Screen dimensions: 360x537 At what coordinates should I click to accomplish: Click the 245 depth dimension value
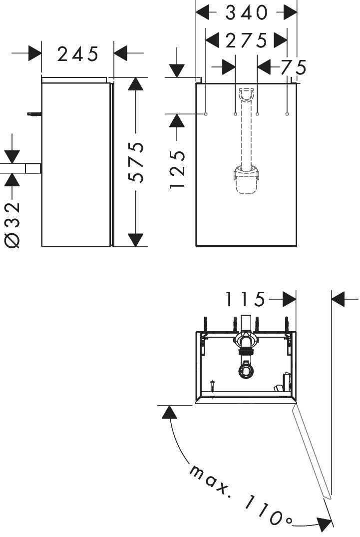point(78,54)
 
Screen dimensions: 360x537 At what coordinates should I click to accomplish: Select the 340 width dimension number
point(246,12)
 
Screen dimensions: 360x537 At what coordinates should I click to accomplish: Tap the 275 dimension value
point(246,41)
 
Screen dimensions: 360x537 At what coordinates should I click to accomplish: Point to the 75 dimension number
point(294,67)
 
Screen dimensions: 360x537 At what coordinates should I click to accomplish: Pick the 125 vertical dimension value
point(177,169)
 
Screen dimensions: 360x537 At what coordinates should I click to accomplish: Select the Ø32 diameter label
point(12,224)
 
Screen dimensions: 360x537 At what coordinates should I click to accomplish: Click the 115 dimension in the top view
point(245,299)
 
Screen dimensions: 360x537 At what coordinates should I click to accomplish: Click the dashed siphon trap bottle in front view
point(246,180)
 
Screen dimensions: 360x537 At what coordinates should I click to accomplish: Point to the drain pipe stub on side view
point(33,168)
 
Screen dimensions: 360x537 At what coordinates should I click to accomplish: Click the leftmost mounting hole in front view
point(206,114)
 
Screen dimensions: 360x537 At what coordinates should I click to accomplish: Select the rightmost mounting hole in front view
point(287,114)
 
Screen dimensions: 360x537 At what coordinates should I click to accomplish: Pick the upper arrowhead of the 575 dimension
point(135,84)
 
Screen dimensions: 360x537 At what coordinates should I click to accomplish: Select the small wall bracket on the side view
point(34,114)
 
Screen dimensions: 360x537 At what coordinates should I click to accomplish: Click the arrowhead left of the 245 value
point(34,53)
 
